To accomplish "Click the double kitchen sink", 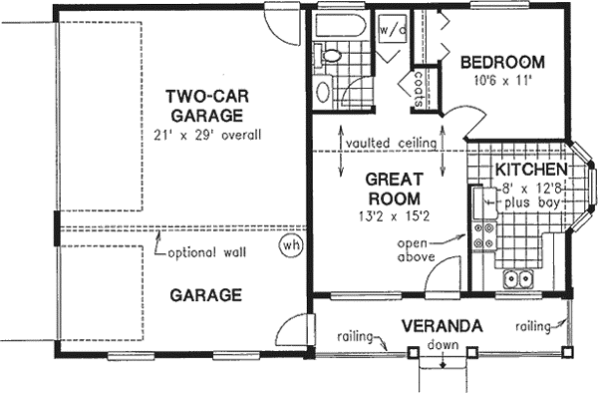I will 518,278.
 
